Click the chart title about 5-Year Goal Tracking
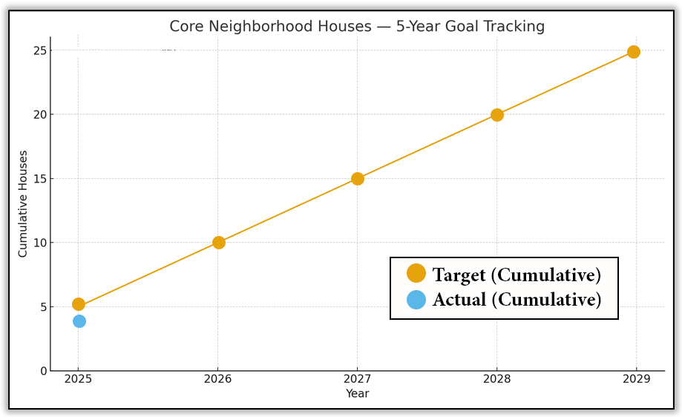[357, 27]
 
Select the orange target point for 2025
[79, 304]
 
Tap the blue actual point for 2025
[79, 321]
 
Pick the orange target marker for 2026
[219, 243]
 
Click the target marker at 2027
[358, 179]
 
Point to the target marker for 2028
[497, 115]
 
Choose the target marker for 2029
[634, 52]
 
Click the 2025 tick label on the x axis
[79, 379]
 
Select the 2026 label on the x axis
[218, 379]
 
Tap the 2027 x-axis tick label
[357, 379]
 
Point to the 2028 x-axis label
[496, 379]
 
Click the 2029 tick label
[636, 379]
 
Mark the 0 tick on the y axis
[43, 371]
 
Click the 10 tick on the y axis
[40, 243]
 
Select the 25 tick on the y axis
[40, 50]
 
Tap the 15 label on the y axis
[40, 179]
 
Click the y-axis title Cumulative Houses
[23, 204]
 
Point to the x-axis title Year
[357, 394]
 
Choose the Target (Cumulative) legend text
[517, 275]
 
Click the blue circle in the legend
[416, 300]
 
